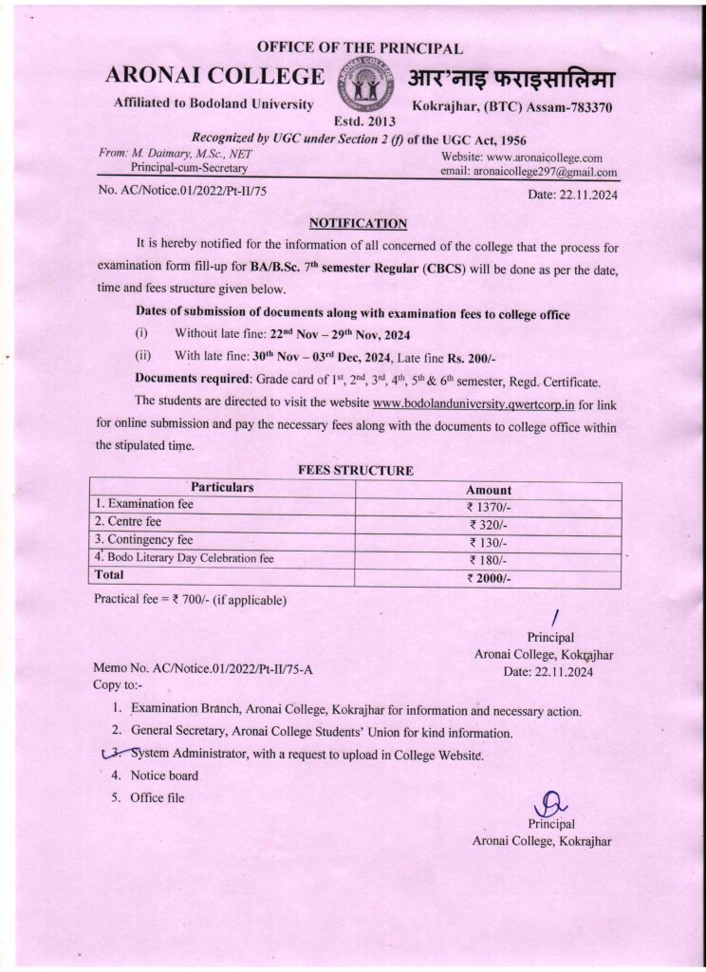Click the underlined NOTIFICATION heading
tap(358, 224)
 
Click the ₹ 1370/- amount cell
tap(489, 507)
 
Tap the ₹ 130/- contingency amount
tap(489, 542)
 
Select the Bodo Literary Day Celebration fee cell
tap(184, 558)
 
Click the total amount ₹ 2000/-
tap(489, 577)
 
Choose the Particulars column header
tap(222, 487)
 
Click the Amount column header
tap(489, 489)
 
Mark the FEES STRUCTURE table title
tap(356, 470)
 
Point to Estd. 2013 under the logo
tap(365, 121)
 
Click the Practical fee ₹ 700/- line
tap(190, 600)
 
